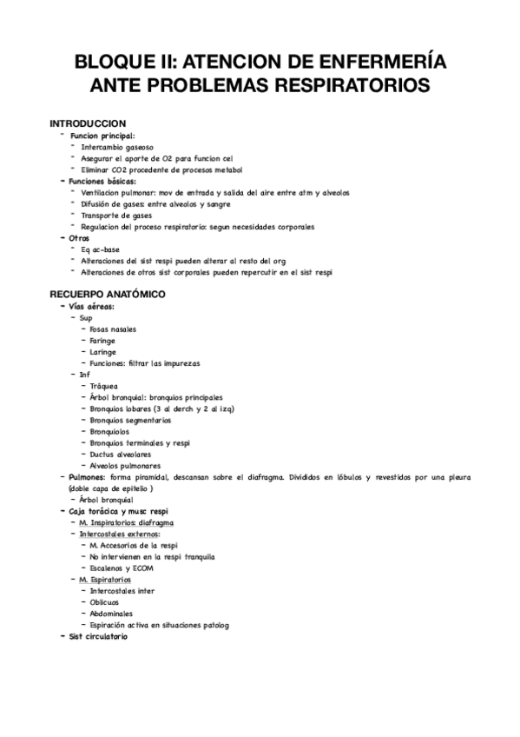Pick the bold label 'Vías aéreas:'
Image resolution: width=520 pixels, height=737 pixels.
[92, 307]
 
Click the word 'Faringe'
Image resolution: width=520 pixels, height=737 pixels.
[103, 341]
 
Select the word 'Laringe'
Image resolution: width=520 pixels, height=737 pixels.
[103, 352]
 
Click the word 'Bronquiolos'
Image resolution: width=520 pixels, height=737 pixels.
[109, 431]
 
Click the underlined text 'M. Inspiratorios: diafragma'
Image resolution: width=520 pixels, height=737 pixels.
[127, 522]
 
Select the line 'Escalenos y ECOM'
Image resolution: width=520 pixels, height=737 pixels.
[122, 568]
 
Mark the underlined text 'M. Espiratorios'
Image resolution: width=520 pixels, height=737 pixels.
[105, 579]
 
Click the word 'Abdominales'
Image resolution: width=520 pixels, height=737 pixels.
[110, 613]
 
